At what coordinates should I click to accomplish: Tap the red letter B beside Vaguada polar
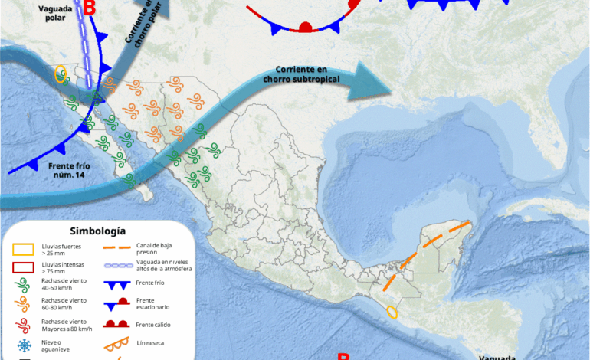(90, 9)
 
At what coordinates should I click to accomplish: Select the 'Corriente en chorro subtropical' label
(301, 74)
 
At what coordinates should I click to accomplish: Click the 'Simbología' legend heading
(97, 231)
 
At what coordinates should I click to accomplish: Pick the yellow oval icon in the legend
(22, 248)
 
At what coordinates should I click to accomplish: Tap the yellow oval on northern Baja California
(61, 74)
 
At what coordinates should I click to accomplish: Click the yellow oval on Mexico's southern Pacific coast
(392, 312)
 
